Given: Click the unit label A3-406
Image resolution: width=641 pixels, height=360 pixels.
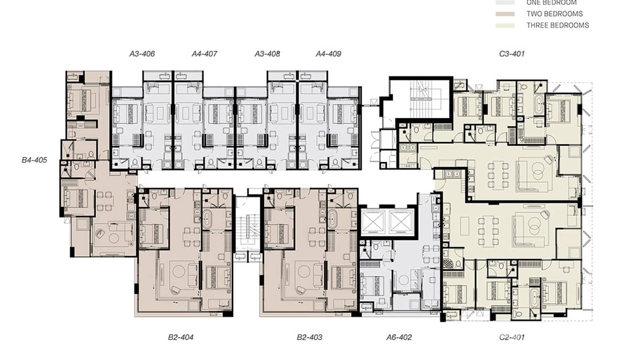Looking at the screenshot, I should click(142, 54).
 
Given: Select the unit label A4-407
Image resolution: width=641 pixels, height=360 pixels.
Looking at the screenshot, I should click(204, 54).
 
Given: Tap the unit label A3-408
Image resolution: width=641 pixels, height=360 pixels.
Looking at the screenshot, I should click(267, 54).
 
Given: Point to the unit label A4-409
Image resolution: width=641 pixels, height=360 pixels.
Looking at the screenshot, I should click(328, 54).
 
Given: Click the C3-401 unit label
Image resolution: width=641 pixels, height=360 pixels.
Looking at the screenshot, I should click(512, 54).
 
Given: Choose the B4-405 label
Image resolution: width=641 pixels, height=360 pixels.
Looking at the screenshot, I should click(34, 160).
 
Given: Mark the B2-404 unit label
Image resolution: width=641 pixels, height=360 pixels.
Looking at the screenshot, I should click(181, 338).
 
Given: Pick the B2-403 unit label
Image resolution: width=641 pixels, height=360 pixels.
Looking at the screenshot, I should click(309, 338).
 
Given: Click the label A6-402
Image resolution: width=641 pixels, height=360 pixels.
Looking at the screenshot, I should click(399, 338).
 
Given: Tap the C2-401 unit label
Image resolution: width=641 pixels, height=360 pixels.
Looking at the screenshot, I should click(512, 338).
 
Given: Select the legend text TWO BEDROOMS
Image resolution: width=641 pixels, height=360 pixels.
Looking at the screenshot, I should click(555, 14).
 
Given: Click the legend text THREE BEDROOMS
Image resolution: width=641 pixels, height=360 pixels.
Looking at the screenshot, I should click(557, 25).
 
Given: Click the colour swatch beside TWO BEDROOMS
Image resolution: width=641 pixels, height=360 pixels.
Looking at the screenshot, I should click(505, 14).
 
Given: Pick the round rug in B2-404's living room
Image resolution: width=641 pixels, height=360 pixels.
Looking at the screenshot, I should click(179, 271).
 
